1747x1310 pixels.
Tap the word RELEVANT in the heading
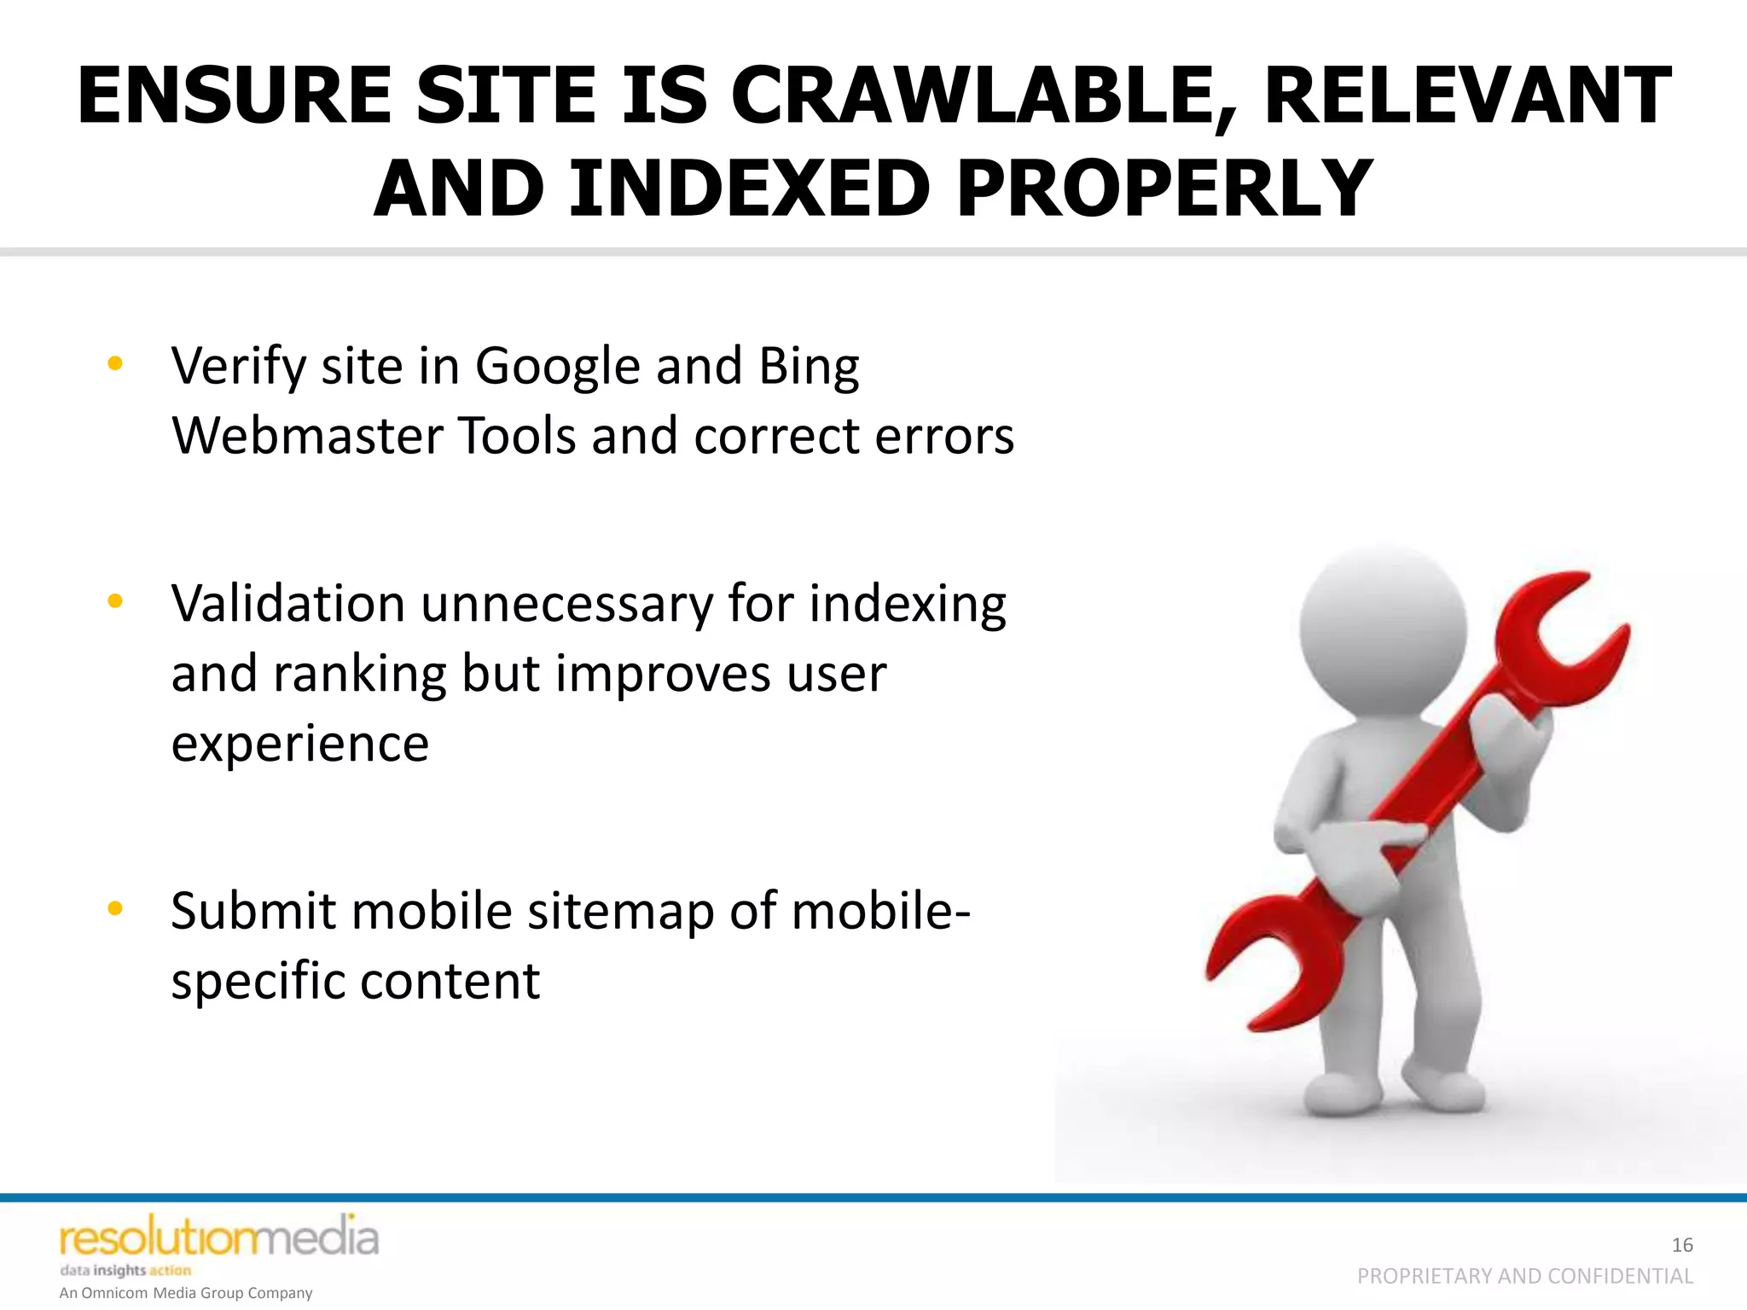[1467, 96]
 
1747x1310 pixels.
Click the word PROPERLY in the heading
[1164, 188]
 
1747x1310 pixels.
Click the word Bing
[808, 367]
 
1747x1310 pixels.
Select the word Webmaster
[307, 436]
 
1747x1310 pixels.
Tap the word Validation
[287, 604]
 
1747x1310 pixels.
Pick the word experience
[299, 744]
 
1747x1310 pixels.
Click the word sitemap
[620, 911]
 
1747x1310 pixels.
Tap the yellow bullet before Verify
[115, 365]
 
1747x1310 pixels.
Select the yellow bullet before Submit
[115, 908]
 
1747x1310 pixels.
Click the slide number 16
[1681, 1245]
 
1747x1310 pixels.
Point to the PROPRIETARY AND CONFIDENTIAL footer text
[1524, 1276]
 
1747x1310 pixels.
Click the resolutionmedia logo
[218, 1239]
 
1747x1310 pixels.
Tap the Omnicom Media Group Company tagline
[186, 1293]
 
